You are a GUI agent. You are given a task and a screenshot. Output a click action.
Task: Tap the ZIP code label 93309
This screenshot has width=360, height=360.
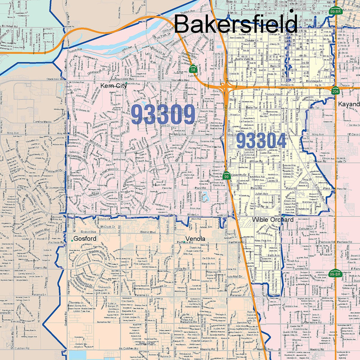(163, 114)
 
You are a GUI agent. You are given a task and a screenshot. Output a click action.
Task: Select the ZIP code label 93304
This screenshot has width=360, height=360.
(261, 141)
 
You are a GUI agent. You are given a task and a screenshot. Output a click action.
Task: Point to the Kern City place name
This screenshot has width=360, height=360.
(113, 86)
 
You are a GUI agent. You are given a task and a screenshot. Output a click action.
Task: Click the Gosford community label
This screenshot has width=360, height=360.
(85, 239)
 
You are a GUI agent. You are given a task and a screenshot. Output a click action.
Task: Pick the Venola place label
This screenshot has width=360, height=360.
(195, 239)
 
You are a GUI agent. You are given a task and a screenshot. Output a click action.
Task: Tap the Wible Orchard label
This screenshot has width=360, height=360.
(272, 220)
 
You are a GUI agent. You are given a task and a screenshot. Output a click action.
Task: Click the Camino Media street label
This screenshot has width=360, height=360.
(43, 122)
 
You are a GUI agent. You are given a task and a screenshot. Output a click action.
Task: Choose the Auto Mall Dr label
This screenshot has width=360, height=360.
(235, 276)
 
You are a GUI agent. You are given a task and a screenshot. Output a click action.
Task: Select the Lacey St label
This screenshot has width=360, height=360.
(272, 181)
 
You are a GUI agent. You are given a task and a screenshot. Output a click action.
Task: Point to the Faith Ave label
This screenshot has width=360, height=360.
(274, 256)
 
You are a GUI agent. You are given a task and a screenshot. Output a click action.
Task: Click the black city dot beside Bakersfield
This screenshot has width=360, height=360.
(292, 10)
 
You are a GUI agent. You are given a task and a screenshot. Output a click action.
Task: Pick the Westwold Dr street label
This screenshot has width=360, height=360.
(54, 171)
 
